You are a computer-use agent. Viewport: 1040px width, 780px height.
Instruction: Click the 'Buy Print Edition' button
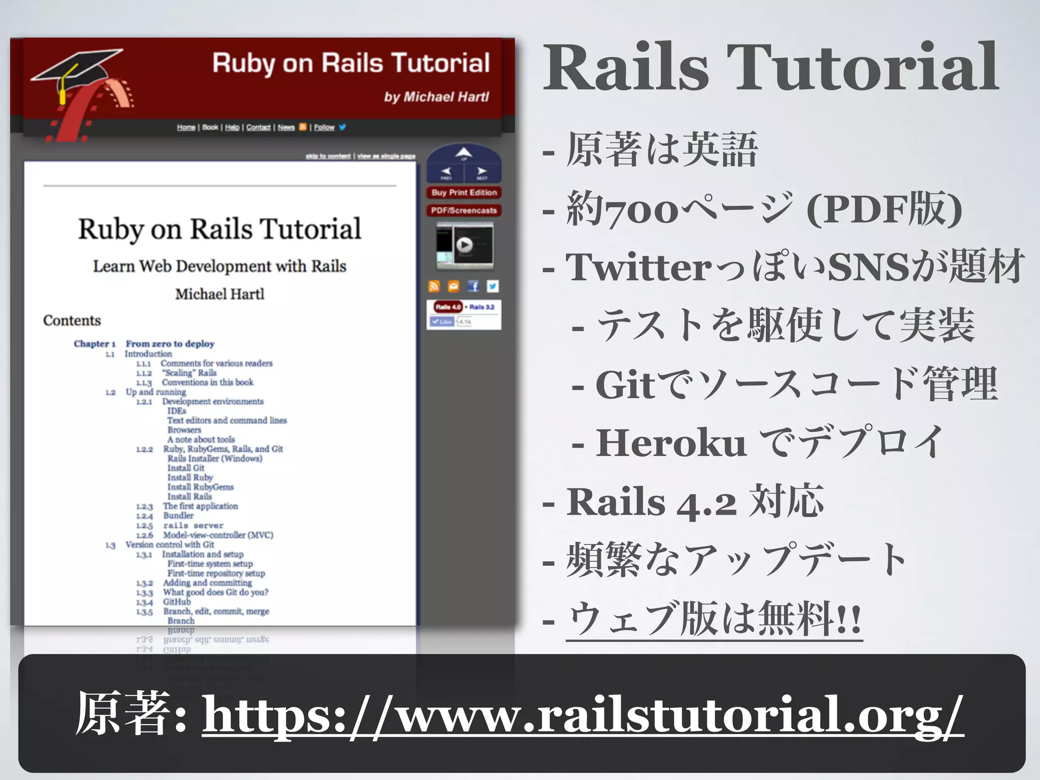click(464, 193)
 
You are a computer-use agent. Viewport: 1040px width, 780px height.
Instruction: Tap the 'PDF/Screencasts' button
click(464, 211)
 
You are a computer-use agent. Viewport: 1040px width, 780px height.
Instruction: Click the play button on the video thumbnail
click(464, 245)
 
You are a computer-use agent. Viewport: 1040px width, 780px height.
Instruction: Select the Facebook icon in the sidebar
click(473, 286)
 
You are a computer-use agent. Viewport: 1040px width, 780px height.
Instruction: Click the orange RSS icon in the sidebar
click(434, 286)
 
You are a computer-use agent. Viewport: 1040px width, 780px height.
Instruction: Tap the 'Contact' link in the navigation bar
click(258, 127)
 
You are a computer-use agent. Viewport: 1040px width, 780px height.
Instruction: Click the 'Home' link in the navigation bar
click(186, 127)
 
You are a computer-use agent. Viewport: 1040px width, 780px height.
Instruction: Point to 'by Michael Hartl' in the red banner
click(437, 97)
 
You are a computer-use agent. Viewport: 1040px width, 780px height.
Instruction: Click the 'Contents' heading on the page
click(72, 321)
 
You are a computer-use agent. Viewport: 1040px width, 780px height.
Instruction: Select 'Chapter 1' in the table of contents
click(94, 344)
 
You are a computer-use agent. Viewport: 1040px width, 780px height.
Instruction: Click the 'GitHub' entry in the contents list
click(177, 602)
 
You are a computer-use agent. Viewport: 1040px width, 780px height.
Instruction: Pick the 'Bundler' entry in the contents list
click(178, 516)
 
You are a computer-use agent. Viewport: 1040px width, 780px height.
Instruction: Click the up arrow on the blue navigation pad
click(464, 153)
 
